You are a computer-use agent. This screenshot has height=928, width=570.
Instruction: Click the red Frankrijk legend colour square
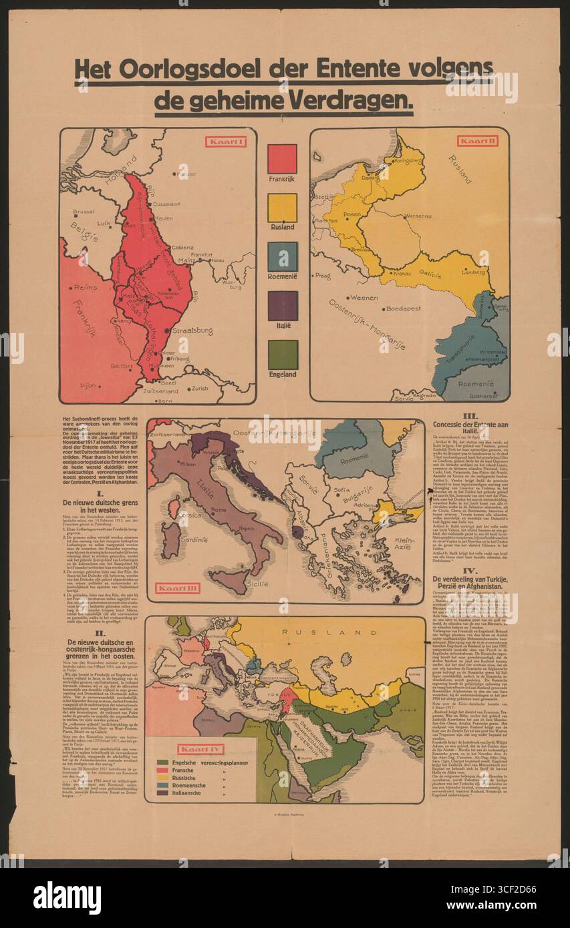click(282, 159)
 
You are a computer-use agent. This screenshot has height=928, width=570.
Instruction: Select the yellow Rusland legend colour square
click(282, 208)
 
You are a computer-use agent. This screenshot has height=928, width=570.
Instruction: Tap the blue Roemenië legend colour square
click(282, 256)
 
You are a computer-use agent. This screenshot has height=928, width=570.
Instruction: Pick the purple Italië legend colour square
click(282, 306)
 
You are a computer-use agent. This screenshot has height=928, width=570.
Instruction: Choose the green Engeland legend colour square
click(282, 355)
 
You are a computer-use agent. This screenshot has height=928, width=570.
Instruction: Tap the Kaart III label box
click(178, 588)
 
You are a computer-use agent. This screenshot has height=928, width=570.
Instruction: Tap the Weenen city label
click(364, 298)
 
